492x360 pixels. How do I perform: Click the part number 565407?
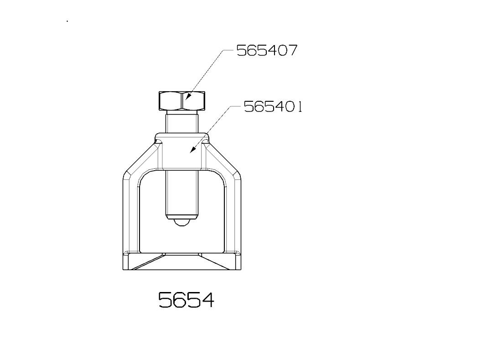tap(266, 50)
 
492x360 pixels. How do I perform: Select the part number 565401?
tap(273, 107)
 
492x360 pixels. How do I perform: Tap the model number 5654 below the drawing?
tap(186, 300)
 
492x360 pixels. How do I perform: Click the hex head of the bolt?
tap(182, 101)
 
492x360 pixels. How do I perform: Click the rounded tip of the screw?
tap(181, 222)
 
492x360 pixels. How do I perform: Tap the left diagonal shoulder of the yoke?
tap(140, 158)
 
